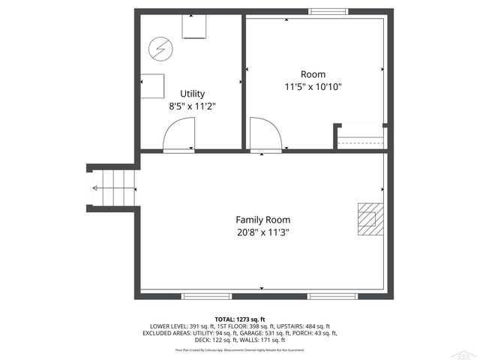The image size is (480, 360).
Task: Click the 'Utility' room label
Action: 187,94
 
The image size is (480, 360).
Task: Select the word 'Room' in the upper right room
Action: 313,74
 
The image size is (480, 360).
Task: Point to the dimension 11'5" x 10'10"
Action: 313,87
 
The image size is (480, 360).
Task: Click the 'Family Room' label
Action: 262,220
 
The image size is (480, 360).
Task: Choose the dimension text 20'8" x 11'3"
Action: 262,232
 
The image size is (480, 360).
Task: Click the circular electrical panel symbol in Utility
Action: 159,49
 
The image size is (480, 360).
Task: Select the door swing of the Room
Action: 264,136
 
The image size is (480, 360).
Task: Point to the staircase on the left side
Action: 112,187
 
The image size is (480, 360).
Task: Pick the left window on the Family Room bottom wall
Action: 205,296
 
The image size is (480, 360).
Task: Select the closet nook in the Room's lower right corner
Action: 361,137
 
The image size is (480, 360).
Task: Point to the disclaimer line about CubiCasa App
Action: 240,349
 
